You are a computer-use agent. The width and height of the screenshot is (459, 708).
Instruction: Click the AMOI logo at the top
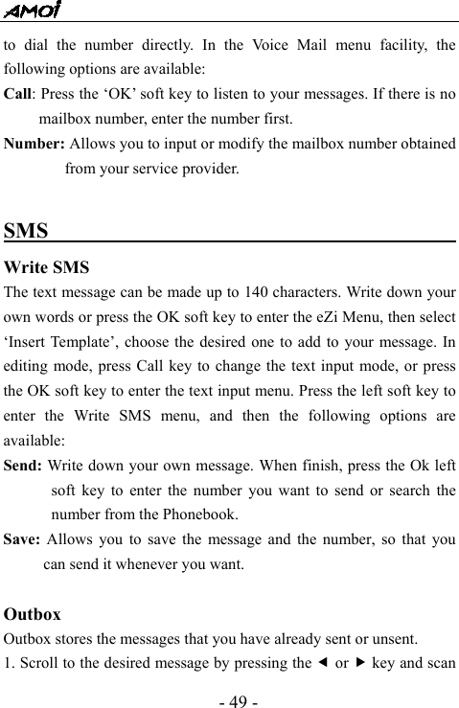(32, 11)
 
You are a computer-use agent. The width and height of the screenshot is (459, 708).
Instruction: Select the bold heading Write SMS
(47, 266)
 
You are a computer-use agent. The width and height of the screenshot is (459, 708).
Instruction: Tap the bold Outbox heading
(33, 614)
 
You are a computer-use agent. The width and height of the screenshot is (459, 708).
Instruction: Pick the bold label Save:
(23, 539)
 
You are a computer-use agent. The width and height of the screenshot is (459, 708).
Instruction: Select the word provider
(211, 170)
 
